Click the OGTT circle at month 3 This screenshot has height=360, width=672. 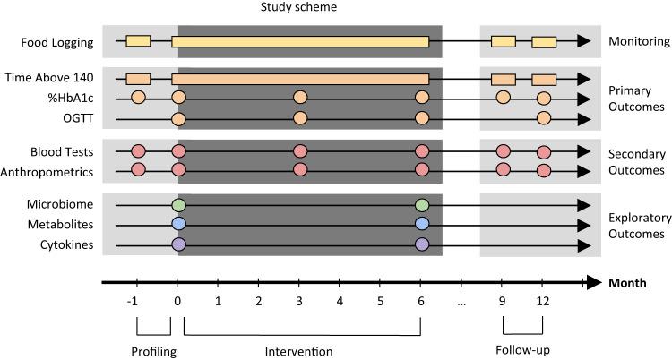point(300,118)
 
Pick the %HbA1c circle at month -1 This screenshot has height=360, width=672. point(138,98)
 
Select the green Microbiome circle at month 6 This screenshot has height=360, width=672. point(422,206)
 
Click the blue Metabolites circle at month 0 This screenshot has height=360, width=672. point(178,225)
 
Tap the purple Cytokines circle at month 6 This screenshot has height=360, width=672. point(422,244)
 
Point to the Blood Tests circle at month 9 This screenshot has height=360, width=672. point(503,151)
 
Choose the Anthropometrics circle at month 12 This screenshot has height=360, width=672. point(544,170)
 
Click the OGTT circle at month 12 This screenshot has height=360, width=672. point(544,118)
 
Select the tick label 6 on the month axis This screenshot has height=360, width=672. point(421,303)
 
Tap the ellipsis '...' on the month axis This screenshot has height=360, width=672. point(461,303)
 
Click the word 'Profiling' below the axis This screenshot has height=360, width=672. point(153,351)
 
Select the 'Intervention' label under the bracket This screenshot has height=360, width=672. point(302,351)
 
